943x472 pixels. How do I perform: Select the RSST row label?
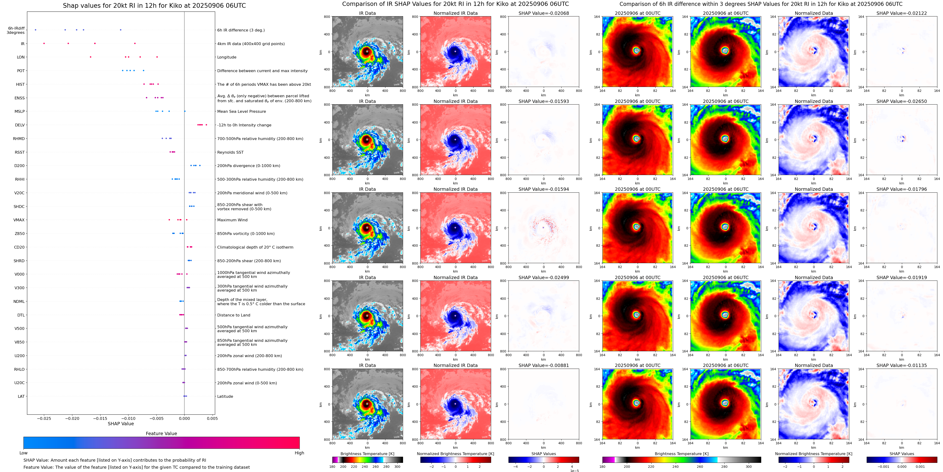(20, 152)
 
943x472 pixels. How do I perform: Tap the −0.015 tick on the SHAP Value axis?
(100, 418)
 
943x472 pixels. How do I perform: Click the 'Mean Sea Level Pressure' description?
(241, 112)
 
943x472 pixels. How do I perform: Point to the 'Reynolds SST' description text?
(230, 152)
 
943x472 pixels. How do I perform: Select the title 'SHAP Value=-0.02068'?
(544, 13)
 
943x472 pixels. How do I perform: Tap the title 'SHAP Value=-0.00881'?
(544, 365)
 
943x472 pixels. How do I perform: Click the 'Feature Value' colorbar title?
(161, 433)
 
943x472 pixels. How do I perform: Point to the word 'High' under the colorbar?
(299, 453)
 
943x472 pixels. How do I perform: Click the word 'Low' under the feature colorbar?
(23, 453)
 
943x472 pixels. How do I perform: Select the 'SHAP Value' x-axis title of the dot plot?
(120, 424)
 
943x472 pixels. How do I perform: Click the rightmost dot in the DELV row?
(206, 125)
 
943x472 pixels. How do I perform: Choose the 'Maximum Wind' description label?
(232, 220)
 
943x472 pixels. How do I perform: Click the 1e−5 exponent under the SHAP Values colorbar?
(574, 471)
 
